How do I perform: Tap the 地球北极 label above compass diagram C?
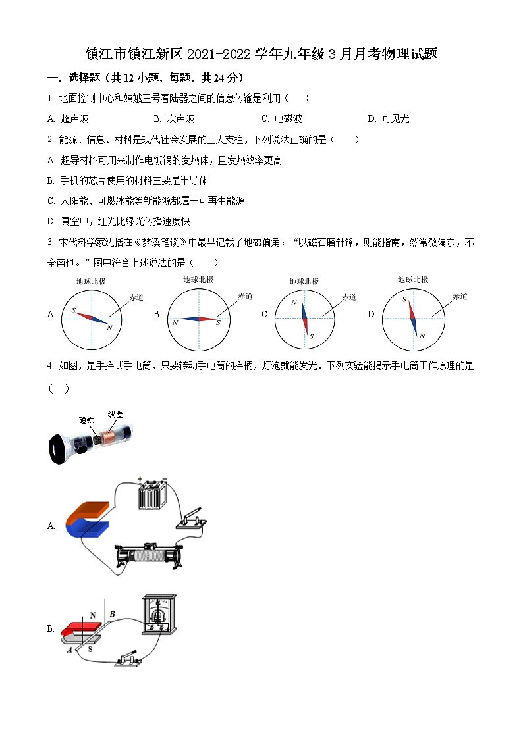[x=304, y=281]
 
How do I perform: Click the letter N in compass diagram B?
[x=176, y=322]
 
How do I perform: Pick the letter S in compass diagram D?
[x=404, y=300]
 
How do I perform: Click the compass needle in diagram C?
[x=304, y=319]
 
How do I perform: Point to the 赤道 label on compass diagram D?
[x=459, y=297]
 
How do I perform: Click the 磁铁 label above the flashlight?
[x=86, y=420]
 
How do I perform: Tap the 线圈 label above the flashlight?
[x=115, y=414]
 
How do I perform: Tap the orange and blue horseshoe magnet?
[x=88, y=519]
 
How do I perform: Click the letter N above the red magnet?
[x=93, y=615]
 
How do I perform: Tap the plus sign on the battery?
[x=140, y=478]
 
